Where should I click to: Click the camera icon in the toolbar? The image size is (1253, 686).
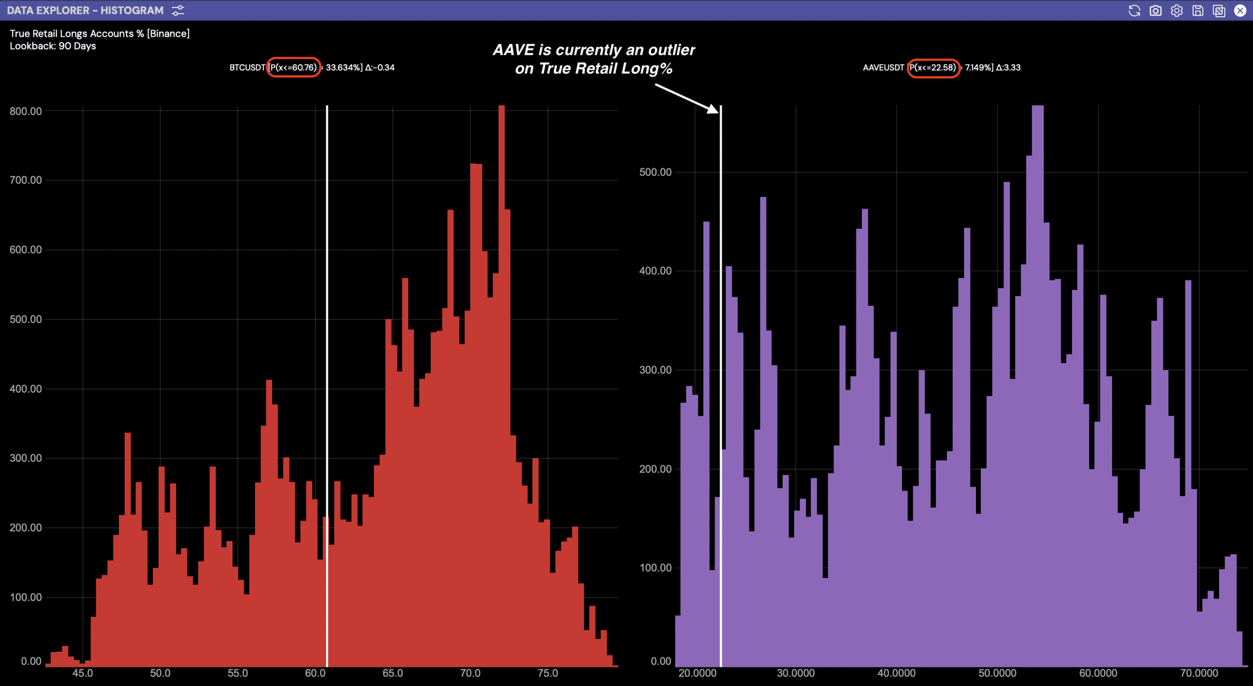pyautogui.click(x=1155, y=10)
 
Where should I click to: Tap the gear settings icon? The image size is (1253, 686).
pyautogui.click(x=1177, y=10)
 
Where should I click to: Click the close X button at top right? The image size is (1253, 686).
pyautogui.click(x=1240, y=10)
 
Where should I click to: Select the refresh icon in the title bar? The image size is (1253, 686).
pyautogui.click(x=1134, y=10)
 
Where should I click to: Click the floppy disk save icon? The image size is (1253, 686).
pyautogui.click(x=1198, y=10)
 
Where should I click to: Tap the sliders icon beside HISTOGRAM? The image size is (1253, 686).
pyautogui.click(x=178, y=10)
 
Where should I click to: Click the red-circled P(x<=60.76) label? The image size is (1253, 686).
pyautogui.click(x=293, y=68)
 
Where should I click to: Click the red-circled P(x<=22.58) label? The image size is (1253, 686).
pyautogui.click(x=933, y=68)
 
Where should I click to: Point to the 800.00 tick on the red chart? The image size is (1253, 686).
pyautogui.click(x=25, y=111)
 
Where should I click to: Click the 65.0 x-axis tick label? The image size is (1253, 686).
pyautogui.click(x=393, y=673)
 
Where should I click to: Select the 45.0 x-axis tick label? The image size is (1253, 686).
pyautogui.click(x=83, y=673)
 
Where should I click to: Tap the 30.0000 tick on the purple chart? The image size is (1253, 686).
pyautogui.click(x=796, y=673)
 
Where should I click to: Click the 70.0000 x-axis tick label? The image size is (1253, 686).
pyautogui.click(x=1199, y=673)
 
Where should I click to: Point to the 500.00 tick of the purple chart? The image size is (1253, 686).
pyautogui.click(x=655, y=172)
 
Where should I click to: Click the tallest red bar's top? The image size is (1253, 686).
pyautogui.click(x=501, y=106)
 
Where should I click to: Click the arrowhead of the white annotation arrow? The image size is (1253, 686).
pyautogui.click(x=714, y=109)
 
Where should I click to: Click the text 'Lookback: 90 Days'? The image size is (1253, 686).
pyautogui.click(x=53, y=46)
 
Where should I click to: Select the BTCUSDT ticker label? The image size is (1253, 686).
pyautogui.click(x=247, y=68)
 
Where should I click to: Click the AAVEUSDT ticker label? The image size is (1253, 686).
pyautogui.click(x=883, y=68)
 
